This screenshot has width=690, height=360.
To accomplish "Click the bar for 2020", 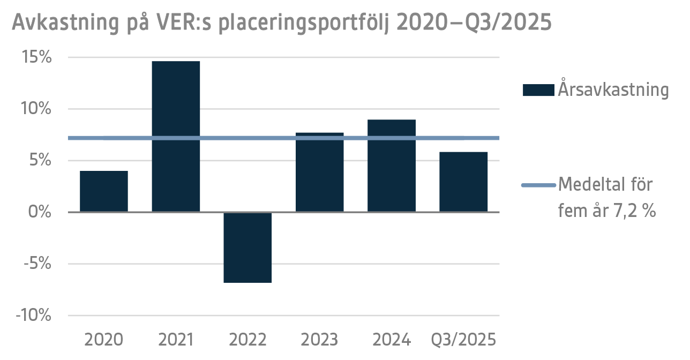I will point(104,191).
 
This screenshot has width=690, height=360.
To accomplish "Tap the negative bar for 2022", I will point(247,247).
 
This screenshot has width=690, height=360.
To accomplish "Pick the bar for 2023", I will point(319,172).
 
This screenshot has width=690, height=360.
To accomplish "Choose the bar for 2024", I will point(392,166).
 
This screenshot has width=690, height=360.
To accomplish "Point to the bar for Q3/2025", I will point(463,182).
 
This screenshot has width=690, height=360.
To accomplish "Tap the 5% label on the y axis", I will point(41,161).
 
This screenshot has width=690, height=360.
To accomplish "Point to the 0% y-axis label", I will point(41,213).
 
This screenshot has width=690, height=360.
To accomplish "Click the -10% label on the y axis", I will point(34,316).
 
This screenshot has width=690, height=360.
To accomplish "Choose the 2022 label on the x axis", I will point(247,340).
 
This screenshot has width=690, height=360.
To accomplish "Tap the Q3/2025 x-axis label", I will point(464,340).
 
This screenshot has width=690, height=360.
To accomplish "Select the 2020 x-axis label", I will point(104,340).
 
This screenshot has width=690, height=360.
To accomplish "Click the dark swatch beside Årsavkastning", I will point(538,90).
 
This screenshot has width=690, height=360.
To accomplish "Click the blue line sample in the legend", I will point(538,185).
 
